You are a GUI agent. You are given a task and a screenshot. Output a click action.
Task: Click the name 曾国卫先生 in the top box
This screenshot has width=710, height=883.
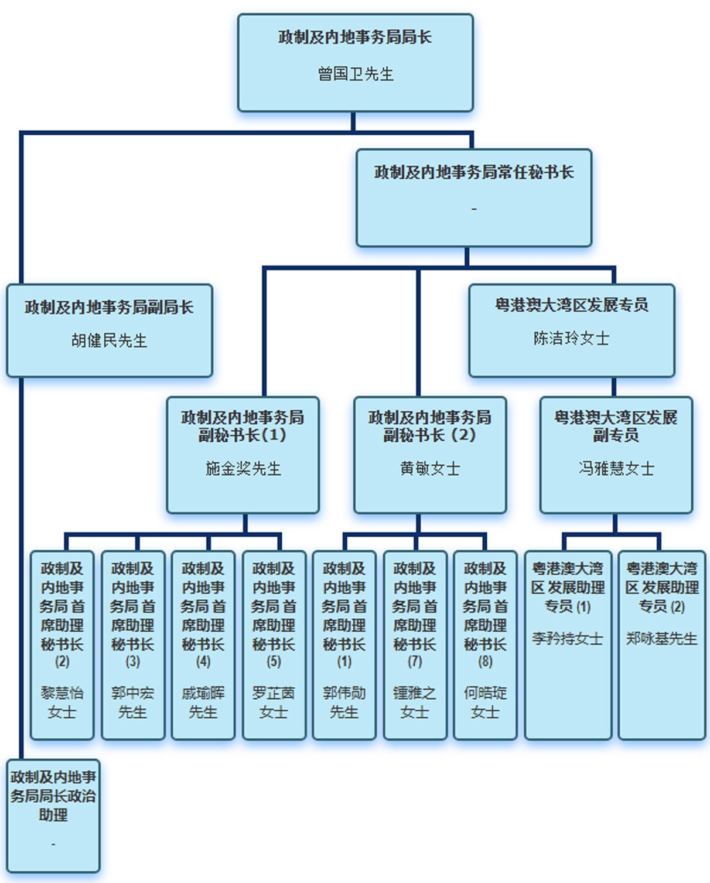coord(356,74)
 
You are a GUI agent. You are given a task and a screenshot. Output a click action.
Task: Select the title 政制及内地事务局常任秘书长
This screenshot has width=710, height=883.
coord(473,172)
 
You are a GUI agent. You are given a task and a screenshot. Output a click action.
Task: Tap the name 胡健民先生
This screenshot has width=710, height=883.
coord(109,340)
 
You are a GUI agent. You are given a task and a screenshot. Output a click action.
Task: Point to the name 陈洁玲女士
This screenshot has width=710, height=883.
coord(571,338)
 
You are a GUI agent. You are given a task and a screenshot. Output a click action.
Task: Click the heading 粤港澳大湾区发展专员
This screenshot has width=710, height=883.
coord(571,305)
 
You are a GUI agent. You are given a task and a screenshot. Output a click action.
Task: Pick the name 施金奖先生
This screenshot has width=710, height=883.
coord(243,469)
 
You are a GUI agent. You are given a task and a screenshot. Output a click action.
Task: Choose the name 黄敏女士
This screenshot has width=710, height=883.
coord(430,469)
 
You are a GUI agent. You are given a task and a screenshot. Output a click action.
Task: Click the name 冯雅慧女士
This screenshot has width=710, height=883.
coord(616,469)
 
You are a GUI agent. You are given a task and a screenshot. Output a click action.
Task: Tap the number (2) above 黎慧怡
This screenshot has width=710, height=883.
coord(62,662)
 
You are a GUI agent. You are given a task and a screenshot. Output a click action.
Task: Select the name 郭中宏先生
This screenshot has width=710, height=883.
coord(133,703)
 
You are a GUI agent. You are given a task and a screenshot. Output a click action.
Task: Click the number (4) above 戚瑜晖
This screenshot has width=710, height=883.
coord(203,662)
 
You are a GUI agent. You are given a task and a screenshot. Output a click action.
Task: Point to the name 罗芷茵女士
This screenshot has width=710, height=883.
coord(274,703)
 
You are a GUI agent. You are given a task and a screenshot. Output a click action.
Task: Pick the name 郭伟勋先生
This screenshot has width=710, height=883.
coord(344,703)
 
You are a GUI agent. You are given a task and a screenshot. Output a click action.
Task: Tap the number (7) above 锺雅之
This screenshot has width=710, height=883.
coord(415,662)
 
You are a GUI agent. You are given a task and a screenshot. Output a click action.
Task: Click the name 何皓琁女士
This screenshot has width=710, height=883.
coord(485,703)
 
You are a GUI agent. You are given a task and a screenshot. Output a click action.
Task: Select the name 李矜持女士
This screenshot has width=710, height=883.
coord(568,639)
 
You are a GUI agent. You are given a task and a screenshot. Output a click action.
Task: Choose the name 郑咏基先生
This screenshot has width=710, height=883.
coord(662,639)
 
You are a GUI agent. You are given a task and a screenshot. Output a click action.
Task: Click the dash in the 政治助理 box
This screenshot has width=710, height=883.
coord(53,844)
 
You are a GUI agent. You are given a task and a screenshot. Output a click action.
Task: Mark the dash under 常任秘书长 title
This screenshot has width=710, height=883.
coord(474,209)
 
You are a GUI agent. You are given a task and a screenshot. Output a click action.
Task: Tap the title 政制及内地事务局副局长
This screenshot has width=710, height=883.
coord(109,307)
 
